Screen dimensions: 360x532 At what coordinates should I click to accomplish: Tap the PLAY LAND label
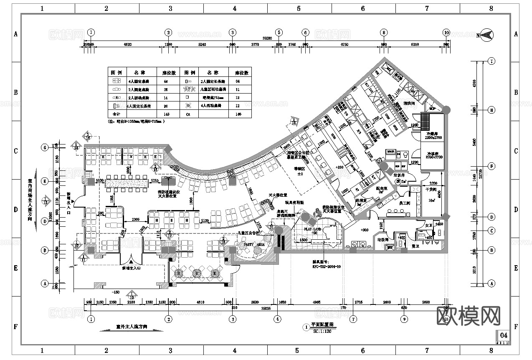pyautogui.click(x=312, y=229)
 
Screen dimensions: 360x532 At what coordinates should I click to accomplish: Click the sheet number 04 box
pyautogui.click(x=504, y=335)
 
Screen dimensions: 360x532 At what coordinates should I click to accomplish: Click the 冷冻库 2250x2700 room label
pyautogui.click(x=433, y=155)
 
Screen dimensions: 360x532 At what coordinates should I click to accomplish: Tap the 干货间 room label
pyautogui.click(x=431, y=189)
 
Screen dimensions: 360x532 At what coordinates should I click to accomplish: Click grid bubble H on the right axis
pyautogui.click(x=491, y=110)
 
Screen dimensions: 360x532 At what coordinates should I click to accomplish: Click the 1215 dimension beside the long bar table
pyautogui.click(x=155, y=180)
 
